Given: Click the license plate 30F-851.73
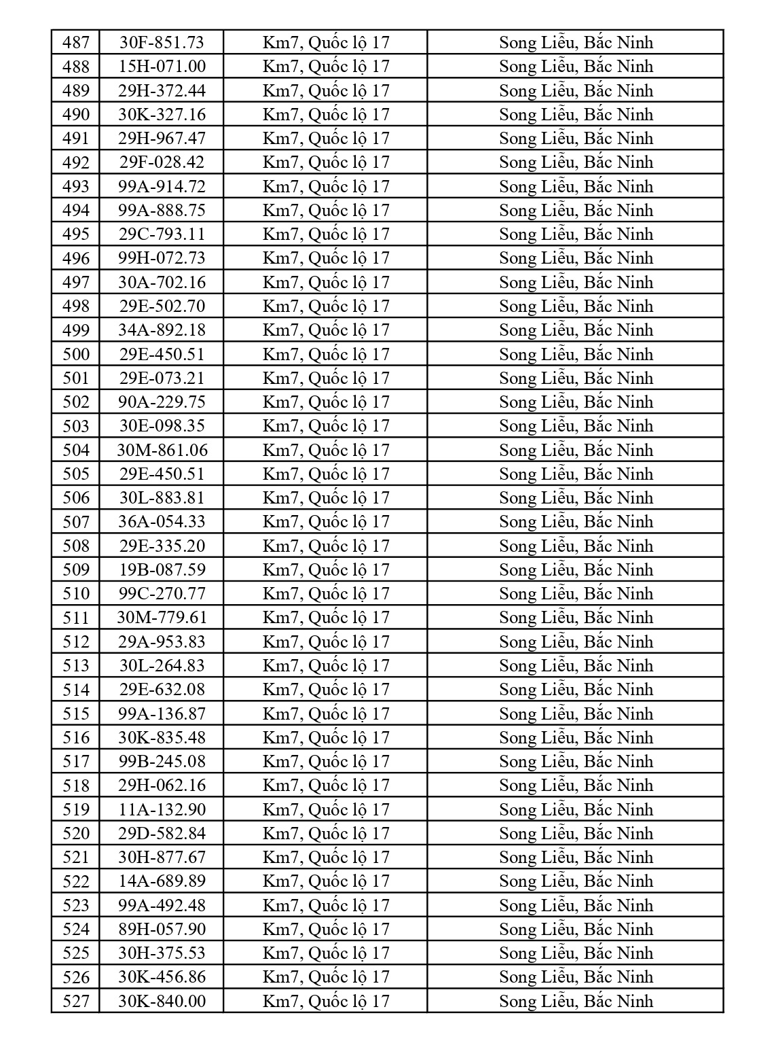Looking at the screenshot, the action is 162,43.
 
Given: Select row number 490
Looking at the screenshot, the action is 75,115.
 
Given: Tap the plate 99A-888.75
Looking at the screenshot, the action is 162,211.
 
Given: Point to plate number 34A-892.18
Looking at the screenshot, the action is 162,330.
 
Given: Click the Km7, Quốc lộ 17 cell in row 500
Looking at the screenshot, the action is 326,355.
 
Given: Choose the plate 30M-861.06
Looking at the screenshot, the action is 162,451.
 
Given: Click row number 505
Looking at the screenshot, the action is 75,474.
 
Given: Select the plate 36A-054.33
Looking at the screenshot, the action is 162,522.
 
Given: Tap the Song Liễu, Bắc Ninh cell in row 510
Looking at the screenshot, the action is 576,594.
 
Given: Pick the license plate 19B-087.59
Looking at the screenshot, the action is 162,570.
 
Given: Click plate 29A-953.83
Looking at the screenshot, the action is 162,642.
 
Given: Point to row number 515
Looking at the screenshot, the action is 75,714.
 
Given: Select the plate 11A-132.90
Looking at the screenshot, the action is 162,810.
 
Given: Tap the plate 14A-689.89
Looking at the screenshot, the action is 162,881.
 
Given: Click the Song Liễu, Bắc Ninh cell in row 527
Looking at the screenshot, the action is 576,1002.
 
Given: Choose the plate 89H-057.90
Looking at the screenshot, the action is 162,930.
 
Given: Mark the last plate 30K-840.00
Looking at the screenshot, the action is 162,1002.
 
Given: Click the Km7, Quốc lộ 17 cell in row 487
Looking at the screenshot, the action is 326,43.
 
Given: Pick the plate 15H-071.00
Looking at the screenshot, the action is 162,67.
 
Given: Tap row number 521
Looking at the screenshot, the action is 75,858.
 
